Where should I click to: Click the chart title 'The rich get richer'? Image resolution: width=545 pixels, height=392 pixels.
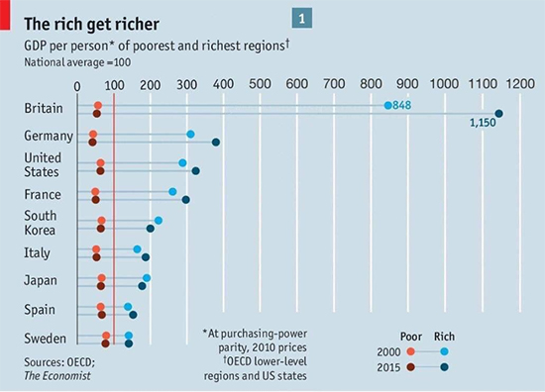click(86, 21)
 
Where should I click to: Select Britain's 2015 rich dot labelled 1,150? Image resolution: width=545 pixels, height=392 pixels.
click(498, 114)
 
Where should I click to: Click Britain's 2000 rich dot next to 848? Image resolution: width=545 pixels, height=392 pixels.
click(388, 105)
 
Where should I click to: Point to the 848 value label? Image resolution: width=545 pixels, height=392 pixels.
click(402, 105)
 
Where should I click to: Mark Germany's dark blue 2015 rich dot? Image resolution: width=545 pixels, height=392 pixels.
click(216, 143)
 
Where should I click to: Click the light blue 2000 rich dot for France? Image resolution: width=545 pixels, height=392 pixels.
click(172, 192)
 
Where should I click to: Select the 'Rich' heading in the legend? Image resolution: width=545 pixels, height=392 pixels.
click(444, 336)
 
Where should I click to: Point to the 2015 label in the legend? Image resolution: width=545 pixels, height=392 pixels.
click(390, 367)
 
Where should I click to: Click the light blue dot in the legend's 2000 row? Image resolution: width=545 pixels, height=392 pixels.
click(444, 351)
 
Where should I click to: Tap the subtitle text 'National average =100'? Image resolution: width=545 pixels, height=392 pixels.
click(80, 62)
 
